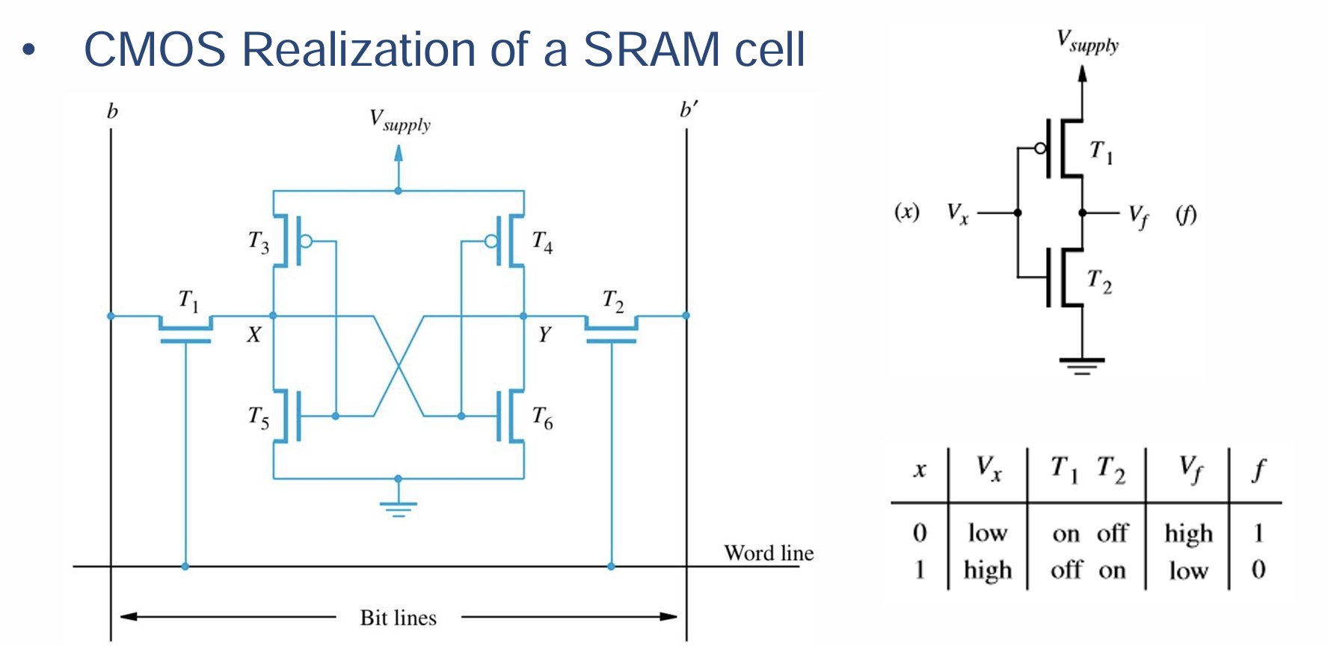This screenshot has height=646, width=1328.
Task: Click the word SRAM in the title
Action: coord(652,49)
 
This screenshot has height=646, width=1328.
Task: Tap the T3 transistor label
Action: coord(259,242)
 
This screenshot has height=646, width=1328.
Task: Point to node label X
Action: coord(254,335)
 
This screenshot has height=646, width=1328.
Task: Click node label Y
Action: coord(544,335)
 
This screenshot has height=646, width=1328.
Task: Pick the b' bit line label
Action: coord(688,111)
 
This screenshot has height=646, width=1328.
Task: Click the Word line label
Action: coord(768,553)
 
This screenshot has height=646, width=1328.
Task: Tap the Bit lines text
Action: coord(398,618)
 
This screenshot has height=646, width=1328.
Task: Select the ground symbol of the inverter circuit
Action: coord(1081,365)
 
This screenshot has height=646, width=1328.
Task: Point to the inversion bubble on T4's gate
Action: coord(491,241)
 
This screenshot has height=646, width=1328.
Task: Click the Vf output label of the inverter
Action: coord(1138,216)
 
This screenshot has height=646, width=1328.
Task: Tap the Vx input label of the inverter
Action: coord(957,214)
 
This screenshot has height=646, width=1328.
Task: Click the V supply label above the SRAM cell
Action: coord(400,120)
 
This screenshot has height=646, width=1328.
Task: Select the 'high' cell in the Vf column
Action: coord(1188,533)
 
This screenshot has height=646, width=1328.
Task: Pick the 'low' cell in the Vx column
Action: coord(987,533)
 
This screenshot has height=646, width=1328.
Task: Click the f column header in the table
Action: coord(1258,470)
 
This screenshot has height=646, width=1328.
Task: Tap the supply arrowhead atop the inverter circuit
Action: coord(1082,73)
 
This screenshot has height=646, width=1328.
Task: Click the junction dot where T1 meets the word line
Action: coord(185,567)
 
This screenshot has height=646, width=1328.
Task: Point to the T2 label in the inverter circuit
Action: coord(1099,281)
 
